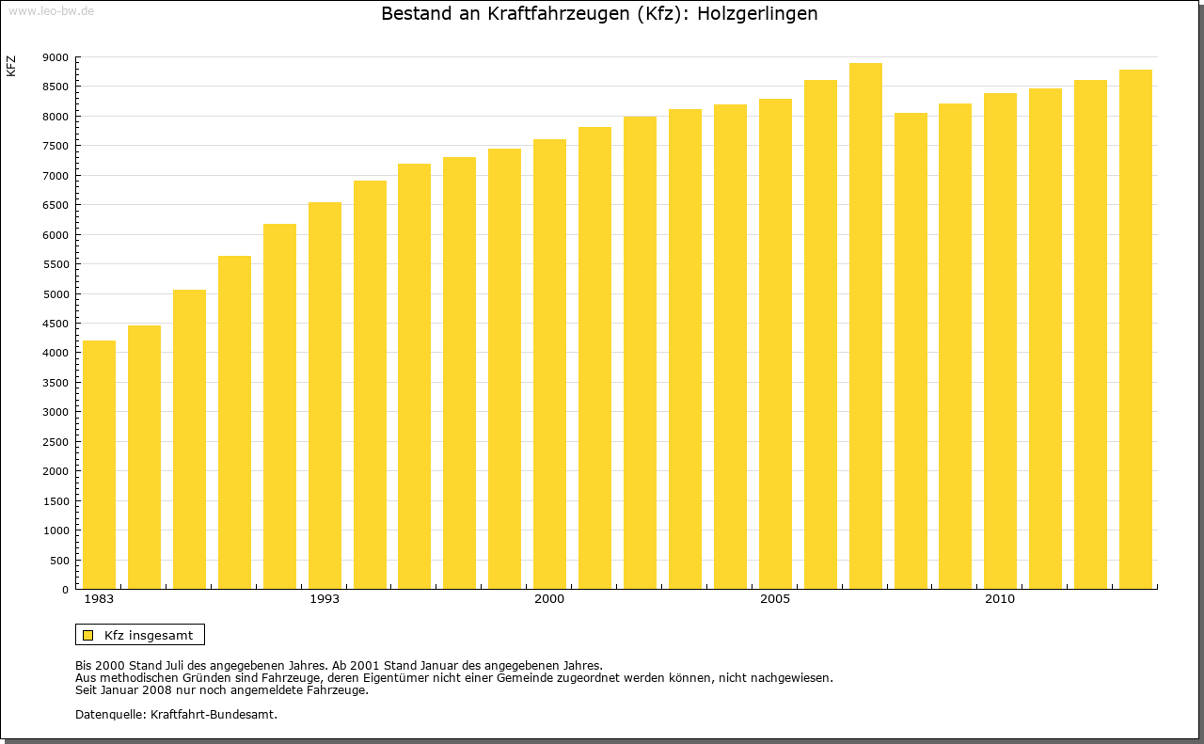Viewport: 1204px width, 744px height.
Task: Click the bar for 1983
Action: coord(99,465)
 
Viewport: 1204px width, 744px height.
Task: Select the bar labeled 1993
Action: coord(325,395)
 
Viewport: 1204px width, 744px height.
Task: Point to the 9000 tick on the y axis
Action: coord(56,57)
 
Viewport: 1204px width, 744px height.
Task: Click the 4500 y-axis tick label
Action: coord(56,324)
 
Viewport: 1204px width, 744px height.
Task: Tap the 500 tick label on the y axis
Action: coord(59,561)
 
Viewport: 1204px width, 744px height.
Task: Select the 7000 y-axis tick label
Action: coord(56,176)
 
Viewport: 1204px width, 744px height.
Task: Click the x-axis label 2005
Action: coord(775,599)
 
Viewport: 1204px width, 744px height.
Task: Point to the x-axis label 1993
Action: coord(325,599)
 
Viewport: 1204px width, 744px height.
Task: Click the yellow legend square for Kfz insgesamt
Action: coord(87,635)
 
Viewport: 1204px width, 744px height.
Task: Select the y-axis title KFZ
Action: coord(11,66)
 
